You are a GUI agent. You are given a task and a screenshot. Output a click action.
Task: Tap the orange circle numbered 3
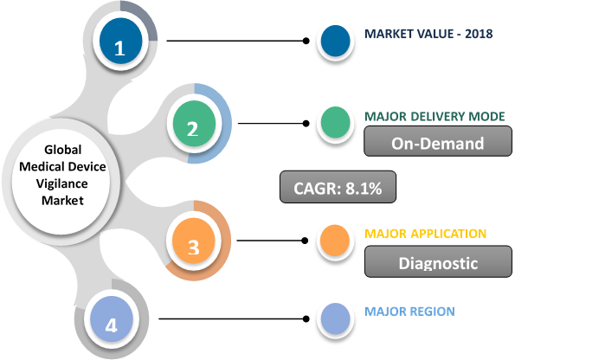(193, 246)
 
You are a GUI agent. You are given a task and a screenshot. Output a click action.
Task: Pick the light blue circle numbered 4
(111, 325)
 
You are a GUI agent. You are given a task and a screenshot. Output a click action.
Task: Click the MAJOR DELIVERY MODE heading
(434, 117)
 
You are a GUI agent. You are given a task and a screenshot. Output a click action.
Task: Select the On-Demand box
(437, 143)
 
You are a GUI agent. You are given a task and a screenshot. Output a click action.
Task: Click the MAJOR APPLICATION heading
(425, 235)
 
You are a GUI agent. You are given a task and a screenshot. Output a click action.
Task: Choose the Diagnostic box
(437, 260)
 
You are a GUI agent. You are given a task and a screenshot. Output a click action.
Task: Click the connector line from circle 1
(234, 41)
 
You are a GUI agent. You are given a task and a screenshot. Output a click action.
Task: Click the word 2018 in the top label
(477, 35)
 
